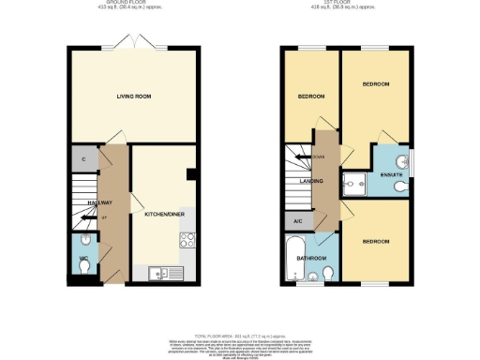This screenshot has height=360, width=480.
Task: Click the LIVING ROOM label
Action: [x=134, y=97]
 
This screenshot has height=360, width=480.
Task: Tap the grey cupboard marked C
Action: [x=84, y=159]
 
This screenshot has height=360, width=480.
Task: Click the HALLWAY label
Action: [x=100, y=202]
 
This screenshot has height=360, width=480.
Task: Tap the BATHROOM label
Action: [x=312, y=258]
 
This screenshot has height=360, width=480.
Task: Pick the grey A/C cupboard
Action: [x=296, y=221]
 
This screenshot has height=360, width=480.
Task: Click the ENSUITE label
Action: [x=391, y=174]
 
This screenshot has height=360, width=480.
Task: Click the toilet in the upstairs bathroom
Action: [x=328, y=273]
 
